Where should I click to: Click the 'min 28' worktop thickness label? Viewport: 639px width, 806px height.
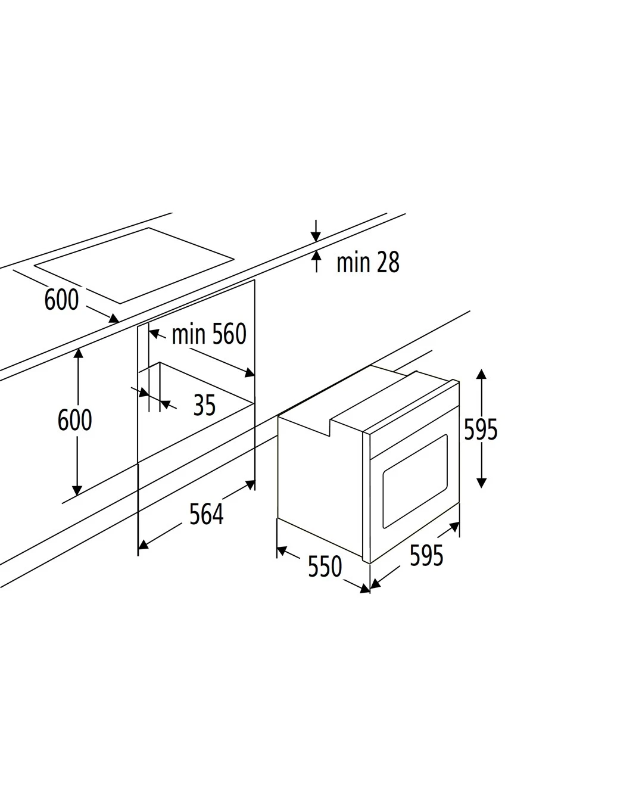[x=367, y=263]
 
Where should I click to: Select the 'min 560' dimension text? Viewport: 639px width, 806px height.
[x=208, y=335]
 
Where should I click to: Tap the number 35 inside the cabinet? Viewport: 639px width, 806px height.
[x=204, y=406]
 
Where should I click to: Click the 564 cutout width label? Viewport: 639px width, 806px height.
[x=206, y=514]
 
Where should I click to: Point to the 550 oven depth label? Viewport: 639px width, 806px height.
[x=325, y=567]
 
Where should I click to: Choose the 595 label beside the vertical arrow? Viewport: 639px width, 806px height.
[x=481, y=429]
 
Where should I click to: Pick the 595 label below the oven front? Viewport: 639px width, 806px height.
[x=426, y=556]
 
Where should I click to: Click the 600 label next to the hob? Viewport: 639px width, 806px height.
[x=61, y=300]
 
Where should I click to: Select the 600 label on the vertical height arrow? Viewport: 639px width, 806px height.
[x=75, y=421]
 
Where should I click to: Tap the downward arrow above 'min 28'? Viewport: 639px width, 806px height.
[x=316, y=236]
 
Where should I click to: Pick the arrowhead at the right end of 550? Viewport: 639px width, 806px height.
[x=365, y=589]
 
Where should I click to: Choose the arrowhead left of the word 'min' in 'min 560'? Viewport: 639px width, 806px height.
[x=153, y=334]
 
